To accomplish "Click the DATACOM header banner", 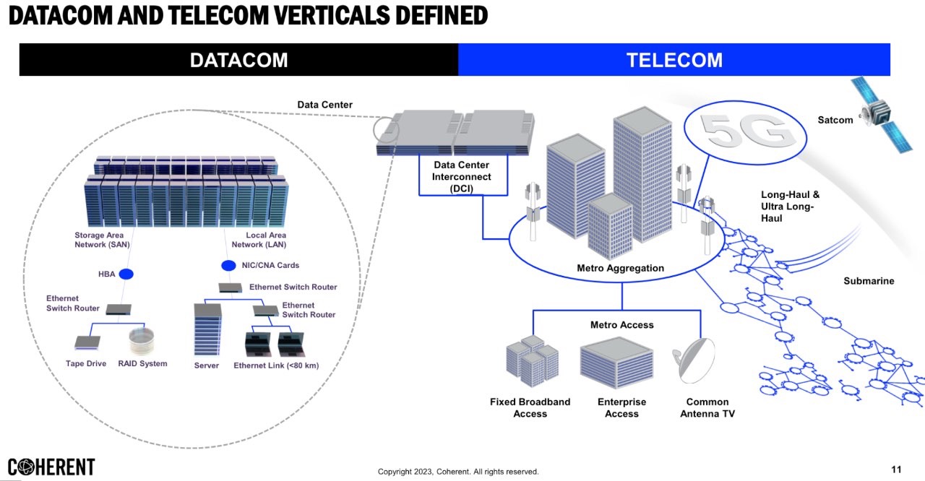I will [238, 60].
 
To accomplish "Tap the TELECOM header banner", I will [674, 60].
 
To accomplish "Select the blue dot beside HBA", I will [126, 274].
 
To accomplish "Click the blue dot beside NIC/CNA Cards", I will [228, 266].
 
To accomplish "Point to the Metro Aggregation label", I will [620, 269].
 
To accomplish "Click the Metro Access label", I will [621, 325].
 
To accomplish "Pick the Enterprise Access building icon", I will [616, 363].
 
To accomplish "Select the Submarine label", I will [869, 281].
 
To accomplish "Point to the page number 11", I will [896, 470].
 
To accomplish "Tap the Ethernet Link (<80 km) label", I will [276, 365].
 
